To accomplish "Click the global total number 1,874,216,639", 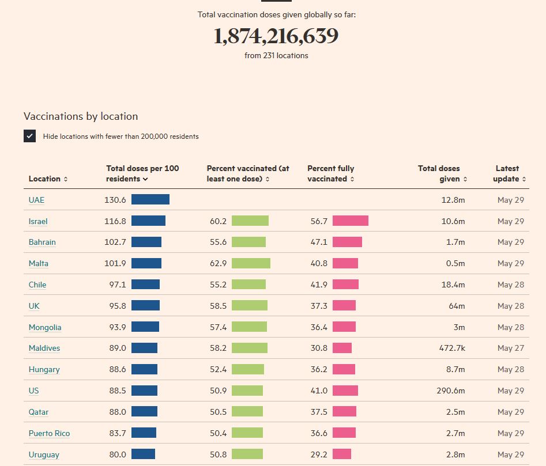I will click(x=276, y=36).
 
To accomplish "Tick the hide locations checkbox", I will click(x=30, y=137).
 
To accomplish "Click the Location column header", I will click(x=48, y=179).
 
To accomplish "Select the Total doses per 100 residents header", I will click(x=142, y=173).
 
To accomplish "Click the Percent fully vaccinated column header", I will click(x=331, y=173).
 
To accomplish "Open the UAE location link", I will click(x=36, y=200).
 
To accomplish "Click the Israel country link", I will click(x=38, y=222).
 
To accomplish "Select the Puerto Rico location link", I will click(x=49, y=434).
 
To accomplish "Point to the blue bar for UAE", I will click(x=150, y=200).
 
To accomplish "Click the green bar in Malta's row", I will click(x=251, y=263).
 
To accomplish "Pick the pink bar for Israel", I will click(x=351, y=221).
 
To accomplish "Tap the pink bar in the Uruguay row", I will click(x=342, y=454).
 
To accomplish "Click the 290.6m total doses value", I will click(x=450, y=391).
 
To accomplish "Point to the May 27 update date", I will click(x=511, y=348).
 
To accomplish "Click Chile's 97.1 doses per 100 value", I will click(x=117, y=285).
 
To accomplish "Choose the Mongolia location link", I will click(x=45, y=328).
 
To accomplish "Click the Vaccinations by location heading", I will click(x=81, y=116).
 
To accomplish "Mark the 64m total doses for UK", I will click(x=457, y=306).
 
